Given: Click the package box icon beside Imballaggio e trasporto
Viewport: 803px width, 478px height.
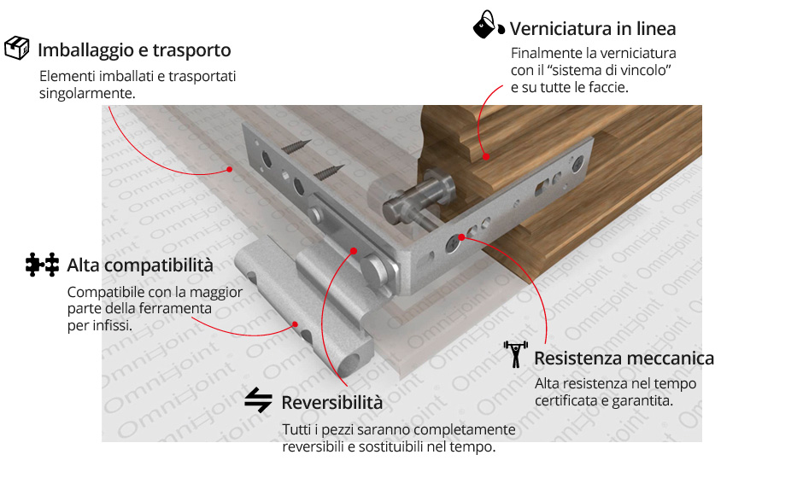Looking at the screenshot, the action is pos(17,48).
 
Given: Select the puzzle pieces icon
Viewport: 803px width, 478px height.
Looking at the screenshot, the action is pos(42,265).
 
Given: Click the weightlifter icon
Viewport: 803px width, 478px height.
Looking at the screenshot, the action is pos(515,354).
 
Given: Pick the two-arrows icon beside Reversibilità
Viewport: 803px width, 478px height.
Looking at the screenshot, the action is pos(258,399).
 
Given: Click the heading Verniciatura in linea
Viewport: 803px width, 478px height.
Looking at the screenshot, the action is pos(593,29).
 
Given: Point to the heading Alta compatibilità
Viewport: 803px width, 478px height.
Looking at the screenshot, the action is pos(140,265).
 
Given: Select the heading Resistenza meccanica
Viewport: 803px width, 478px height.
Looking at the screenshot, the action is pos(624,358).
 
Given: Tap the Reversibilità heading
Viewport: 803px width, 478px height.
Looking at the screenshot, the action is pos(331,403).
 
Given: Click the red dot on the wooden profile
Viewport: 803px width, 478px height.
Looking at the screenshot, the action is pos(485,156).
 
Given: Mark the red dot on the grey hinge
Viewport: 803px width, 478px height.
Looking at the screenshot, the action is pos(296,324).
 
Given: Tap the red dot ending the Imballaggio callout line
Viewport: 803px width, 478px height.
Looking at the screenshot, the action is pos(230,169).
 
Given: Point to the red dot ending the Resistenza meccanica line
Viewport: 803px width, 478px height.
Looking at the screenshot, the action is pos(461,237).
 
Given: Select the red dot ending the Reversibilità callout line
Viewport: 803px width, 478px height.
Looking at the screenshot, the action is pos(354,251).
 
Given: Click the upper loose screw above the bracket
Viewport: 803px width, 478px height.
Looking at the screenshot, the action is pos(296,146).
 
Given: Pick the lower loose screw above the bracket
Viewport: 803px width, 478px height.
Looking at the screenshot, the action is pos(329,172).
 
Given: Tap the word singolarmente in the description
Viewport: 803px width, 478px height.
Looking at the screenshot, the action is pos(87,94).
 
